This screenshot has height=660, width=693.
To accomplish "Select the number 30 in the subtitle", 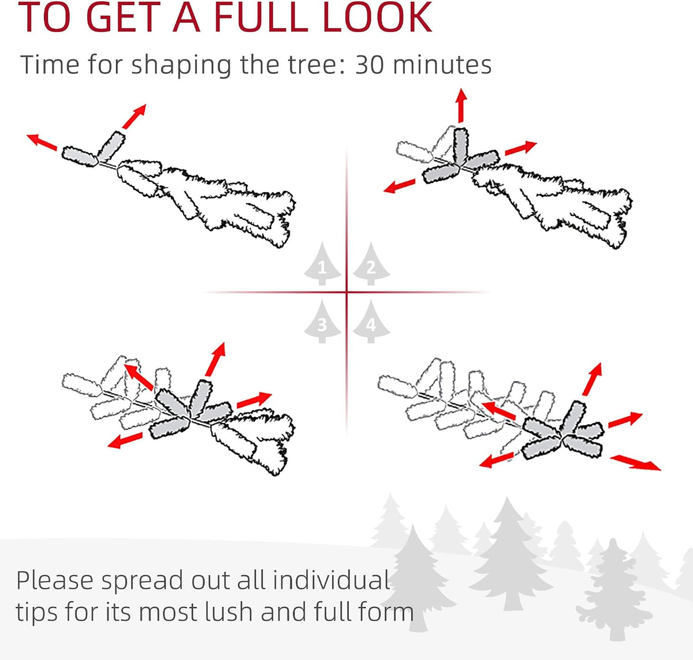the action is (370, 65).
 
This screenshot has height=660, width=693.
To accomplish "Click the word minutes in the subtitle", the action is (442, 65).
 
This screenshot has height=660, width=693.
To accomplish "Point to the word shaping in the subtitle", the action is (181, 66).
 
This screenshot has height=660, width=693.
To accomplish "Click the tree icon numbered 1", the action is (322, 264).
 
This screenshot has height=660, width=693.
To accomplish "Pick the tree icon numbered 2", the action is (371, 264).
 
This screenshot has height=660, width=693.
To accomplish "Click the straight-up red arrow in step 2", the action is (461, 106).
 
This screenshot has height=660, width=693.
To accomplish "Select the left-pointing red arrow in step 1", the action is (42, 142).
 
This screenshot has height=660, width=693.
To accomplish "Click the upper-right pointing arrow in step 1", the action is (134, 116).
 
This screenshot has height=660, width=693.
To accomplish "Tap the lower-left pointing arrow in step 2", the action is (400, 186).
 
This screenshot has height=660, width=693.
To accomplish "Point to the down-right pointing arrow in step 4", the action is (635, 463).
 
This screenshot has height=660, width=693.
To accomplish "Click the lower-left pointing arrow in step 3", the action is (125, 440).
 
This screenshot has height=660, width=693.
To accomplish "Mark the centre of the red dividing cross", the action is (347, 292).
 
